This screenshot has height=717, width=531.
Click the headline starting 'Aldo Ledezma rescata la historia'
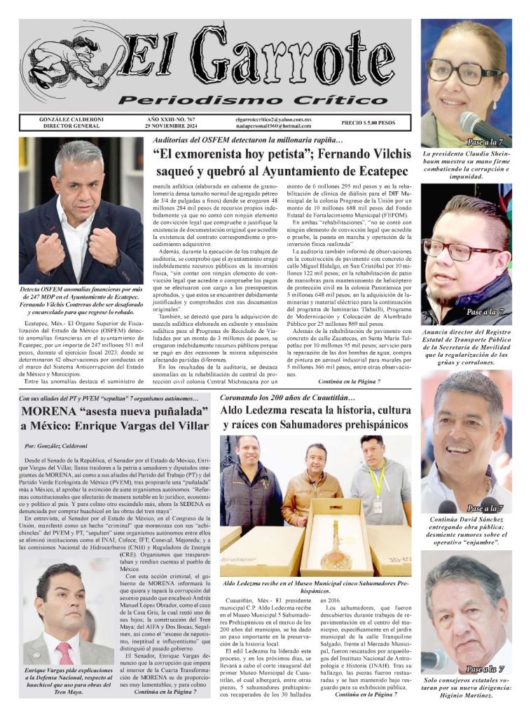click(x=315, y=417)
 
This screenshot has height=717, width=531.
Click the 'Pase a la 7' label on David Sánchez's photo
click(x=485, y=508)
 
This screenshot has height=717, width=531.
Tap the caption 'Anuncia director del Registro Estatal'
click(x=466, y=347)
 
